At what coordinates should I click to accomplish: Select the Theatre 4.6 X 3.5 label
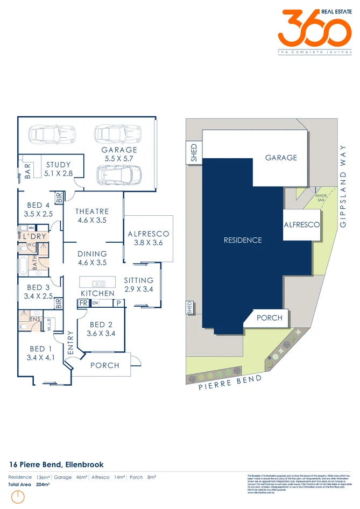92,216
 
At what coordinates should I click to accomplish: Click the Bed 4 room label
38,209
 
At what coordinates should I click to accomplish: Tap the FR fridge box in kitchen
83,303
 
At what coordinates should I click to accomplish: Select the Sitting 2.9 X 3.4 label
138,285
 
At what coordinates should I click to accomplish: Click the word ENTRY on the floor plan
70,342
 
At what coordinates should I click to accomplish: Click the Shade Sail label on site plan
321,197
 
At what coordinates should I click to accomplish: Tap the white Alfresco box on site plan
302,224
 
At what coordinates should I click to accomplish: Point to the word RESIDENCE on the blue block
243,240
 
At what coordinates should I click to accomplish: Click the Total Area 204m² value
43,484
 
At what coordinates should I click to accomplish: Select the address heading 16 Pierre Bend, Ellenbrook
57,464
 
